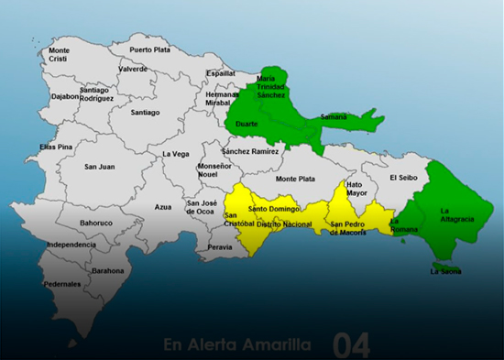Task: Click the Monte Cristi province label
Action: click(59, 54)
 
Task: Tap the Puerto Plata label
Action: click(150, 49)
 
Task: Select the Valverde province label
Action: click(133, 69)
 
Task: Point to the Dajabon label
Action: click(64, 96)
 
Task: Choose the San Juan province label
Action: click(99, 167)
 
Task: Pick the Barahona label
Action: click(108, 271)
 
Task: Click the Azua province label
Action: click(163, 207)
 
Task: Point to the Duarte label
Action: click(247, 123)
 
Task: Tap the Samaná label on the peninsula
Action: click(334, 117)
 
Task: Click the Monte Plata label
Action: click(296, 179)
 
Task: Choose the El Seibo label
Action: click(403, 178)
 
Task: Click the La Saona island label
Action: click(446, 271)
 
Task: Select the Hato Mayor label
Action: click(356, 189)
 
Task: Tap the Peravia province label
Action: click(220, 247)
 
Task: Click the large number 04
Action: click(352, 345)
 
